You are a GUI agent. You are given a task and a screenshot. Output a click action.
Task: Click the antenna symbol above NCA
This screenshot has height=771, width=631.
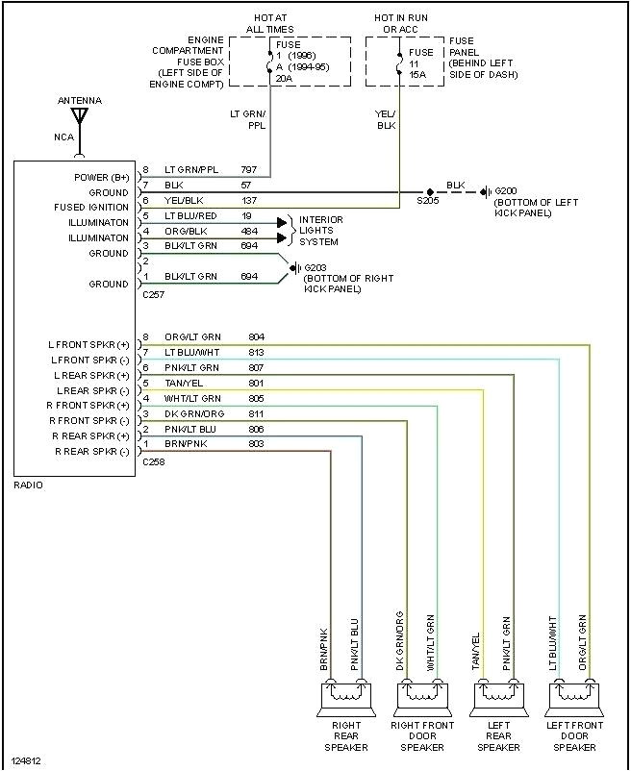pos(80,117)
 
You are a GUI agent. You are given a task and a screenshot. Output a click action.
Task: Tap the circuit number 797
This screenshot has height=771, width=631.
pos(249,169)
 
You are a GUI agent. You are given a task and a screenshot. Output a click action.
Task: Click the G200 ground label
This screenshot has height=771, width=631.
pos(505,191)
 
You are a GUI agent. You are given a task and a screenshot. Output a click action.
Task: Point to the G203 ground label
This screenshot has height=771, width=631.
pos(315,267)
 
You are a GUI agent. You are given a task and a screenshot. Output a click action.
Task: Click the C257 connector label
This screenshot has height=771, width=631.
pos(153,296)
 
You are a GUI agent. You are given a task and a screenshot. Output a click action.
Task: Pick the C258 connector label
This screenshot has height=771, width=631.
pos(153,462)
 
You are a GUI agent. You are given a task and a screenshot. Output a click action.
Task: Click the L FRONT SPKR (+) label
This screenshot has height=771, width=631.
pos(88,344)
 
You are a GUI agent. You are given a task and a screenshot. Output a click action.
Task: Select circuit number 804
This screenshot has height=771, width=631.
pos(256,336)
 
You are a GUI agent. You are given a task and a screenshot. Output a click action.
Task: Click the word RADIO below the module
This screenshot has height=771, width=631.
pos(28,485)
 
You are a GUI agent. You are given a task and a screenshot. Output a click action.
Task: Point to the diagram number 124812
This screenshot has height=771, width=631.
pos(26,761)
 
